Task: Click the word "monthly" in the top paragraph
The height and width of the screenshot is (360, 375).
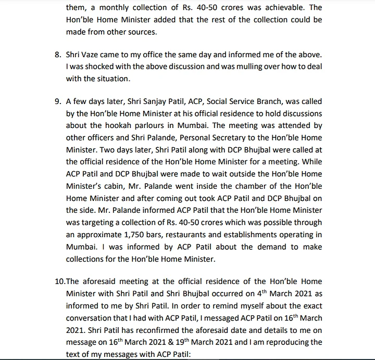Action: point(113,8)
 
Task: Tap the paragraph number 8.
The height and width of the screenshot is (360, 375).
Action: point(57,54)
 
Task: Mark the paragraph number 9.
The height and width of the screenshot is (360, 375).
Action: point(57,101)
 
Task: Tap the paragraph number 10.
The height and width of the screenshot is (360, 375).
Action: point(59,281)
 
